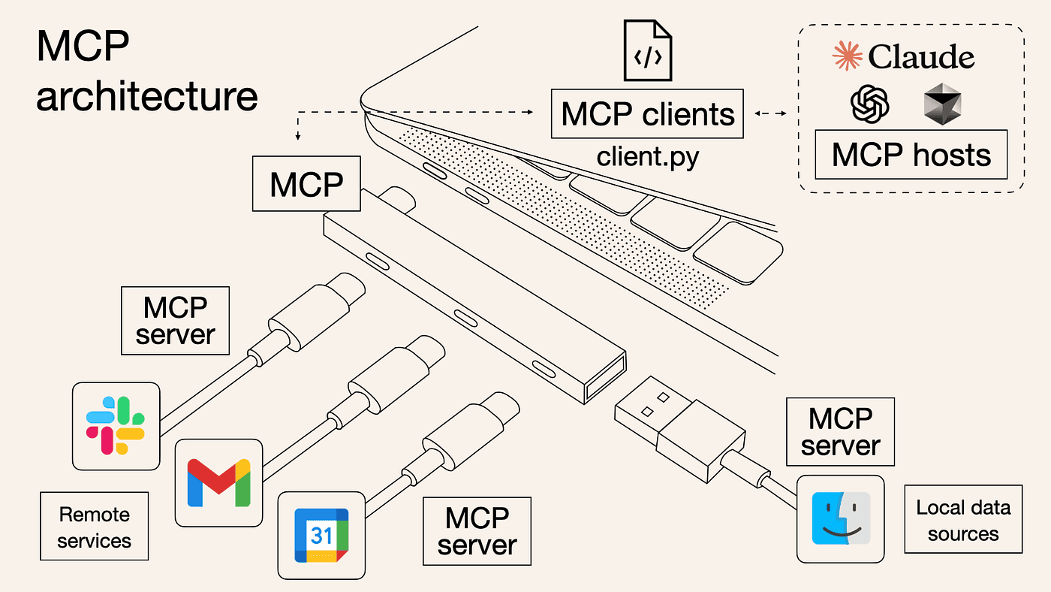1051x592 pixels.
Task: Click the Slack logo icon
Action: click(116, 425)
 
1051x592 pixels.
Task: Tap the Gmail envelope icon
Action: click(218, 482)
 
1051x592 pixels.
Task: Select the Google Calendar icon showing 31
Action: click(322, 535)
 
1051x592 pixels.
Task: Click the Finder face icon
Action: click(841, 518)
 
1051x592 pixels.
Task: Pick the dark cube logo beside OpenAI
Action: click(942, 103)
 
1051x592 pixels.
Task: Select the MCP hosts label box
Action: click(911, 154)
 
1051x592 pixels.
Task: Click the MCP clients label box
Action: click(647, 113)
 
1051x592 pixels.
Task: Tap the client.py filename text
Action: click(648, 156)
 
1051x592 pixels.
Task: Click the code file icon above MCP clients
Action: click(647, 50)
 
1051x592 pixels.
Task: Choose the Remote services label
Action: click(95, 527)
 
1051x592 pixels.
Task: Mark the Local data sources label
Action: click(963, 520)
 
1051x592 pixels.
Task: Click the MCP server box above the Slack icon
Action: click(175, 321)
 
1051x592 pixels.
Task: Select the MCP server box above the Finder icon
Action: click(840, 431)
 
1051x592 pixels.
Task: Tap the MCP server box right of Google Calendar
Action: click(477, 531)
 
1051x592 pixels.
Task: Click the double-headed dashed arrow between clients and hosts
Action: click(770, 113)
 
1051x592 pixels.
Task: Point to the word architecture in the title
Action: click(147, 96)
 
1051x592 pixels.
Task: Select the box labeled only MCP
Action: click(306, 183)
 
